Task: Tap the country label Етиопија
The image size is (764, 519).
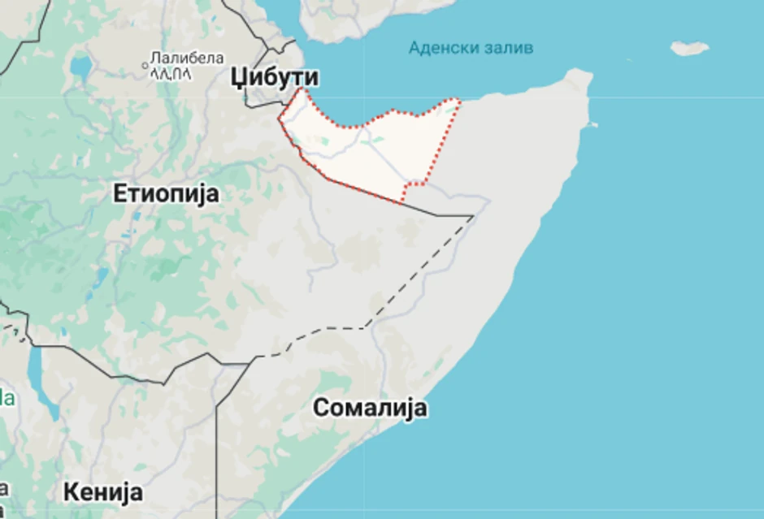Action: (x=166, y=194)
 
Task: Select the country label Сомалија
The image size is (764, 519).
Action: (x=370, y=408)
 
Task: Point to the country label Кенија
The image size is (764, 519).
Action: (x=103, y=491)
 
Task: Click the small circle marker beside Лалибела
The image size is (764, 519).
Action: (x=146, y=60)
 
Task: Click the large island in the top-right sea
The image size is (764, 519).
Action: (x=689, y=48)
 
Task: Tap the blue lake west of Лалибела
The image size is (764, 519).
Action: (x=80, y=65)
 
